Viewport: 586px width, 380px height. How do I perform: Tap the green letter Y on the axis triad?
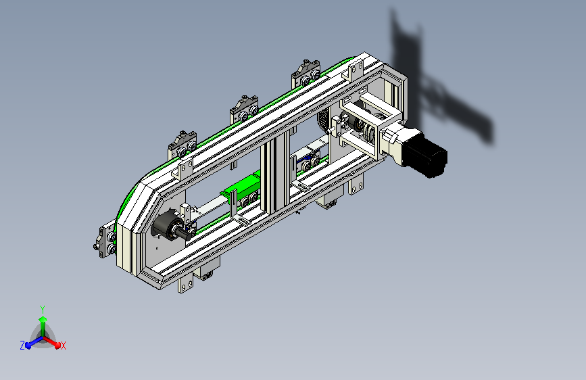43,309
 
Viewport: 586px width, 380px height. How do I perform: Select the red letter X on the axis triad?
63,346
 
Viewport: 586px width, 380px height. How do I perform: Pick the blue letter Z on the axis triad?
22,346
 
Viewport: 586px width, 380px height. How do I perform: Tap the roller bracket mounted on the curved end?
105,241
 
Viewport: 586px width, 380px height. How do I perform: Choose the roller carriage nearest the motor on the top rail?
306,73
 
